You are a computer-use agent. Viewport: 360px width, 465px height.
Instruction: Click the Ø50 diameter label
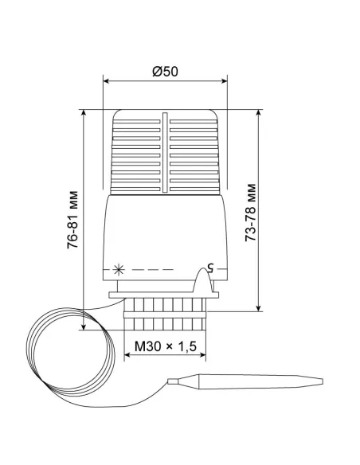click(x=165, y=72)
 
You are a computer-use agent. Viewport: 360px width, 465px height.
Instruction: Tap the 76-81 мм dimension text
click(x=72, y=220)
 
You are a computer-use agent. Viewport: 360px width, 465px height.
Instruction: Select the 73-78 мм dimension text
click(x=251, y=213)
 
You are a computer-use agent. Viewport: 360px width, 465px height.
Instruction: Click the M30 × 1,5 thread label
click(x=166, y=346)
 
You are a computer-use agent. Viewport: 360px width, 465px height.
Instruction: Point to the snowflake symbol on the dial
click(x=119, y=270)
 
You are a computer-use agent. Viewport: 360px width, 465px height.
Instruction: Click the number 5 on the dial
click(x=210, y=268)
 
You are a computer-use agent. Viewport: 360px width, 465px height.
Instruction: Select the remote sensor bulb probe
click(x=245, y=381)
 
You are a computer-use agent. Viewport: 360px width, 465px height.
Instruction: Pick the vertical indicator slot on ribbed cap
click(x=165, y=152)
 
